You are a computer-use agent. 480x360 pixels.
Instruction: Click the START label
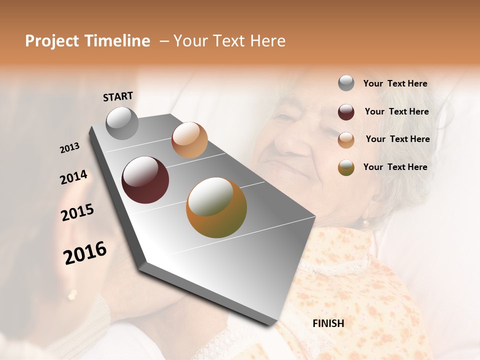[118, 96]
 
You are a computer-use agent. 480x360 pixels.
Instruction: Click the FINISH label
[328, 323]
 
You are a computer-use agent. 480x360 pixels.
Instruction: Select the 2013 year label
[69, 148]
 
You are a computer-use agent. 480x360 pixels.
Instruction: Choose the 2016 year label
[85, 253]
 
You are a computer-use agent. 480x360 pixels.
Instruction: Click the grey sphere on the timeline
[122, 123]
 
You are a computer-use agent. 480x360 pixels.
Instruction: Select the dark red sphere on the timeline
[145, 180]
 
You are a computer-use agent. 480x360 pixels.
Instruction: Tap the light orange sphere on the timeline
[189, 140]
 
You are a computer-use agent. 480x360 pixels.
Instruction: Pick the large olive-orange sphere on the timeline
[216, 207]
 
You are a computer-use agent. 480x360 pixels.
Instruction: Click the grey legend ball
[346, 83]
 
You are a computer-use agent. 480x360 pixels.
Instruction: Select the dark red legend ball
[346, 112]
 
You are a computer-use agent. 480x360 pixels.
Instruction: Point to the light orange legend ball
[346, 140]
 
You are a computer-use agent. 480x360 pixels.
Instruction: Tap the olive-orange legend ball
[346, 167]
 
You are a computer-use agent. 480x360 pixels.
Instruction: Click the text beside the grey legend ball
[395, 83]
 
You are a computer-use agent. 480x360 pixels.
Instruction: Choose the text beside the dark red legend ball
[396, 111]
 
